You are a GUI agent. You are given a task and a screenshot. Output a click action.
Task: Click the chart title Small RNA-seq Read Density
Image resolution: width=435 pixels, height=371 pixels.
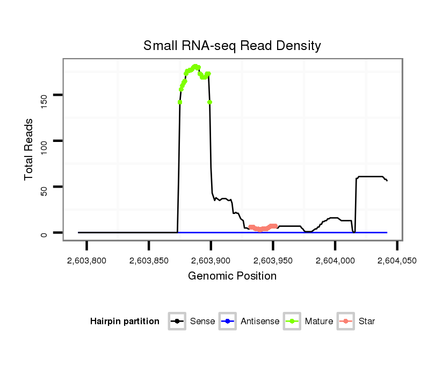point(232,46)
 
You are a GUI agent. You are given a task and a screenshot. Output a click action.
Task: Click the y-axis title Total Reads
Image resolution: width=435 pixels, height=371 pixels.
point(29,149)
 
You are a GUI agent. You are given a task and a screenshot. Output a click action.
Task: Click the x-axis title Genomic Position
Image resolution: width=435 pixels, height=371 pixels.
point(232,276)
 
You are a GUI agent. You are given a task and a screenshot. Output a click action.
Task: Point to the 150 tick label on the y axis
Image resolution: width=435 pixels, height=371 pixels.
point(44,95)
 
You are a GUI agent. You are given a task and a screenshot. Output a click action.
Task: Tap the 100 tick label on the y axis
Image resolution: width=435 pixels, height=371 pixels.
point(44,141)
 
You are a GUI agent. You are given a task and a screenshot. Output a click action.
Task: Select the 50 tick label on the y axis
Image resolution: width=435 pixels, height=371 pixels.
point(44,187)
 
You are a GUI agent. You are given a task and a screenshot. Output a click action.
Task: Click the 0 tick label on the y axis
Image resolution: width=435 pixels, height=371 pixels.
point(44,233)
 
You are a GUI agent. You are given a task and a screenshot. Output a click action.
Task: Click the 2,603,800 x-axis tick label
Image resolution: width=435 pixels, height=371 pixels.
point(87,261)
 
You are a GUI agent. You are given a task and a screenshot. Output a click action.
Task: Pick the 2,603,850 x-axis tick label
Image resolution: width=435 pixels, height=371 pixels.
point(149,261)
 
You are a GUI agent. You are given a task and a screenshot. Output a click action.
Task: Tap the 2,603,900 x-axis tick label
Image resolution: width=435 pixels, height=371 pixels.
point(211,261)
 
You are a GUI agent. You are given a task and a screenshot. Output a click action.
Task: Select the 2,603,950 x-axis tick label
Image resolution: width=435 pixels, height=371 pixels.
point(273,261)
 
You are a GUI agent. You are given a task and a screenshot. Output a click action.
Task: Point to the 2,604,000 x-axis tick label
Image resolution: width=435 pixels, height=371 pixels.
point(335,261)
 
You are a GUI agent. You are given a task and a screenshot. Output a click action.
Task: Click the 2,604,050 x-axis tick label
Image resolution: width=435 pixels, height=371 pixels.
point(397,261)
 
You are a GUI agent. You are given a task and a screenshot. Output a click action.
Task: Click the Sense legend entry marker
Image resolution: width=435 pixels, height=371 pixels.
point(177,322)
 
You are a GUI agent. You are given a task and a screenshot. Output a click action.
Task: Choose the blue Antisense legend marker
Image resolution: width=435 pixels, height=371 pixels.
point(228,322)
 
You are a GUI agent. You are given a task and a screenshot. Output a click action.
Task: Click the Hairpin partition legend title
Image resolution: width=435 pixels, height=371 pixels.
point(125,322)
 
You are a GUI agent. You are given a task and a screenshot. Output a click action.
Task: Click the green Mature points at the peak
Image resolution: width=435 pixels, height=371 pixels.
point(195,67)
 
